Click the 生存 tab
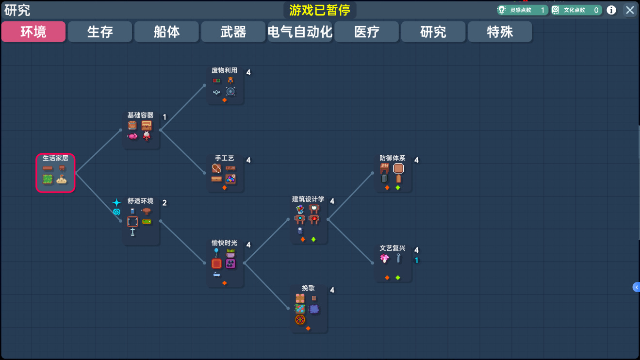coord(100,32)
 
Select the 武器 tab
coord(233,32)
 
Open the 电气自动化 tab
coord(300,32)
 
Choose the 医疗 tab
coord(366,32)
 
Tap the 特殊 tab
coord(500,32)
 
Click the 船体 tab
coord(166,32)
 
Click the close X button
coord(630,10)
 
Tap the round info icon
coord(611,10)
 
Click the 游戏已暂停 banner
coord(320,10)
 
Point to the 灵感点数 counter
coord(523,10)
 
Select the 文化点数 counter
coord(576,10)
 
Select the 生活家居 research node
coord(55,173)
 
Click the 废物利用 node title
coord(224,71)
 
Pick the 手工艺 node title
coord(224,159)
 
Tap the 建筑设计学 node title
coord(308,199)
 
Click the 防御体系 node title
coord(392,159)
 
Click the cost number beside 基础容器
coord(164,117)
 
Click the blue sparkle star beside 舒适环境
coord(116,202)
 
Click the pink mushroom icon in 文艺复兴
coord(385,259)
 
